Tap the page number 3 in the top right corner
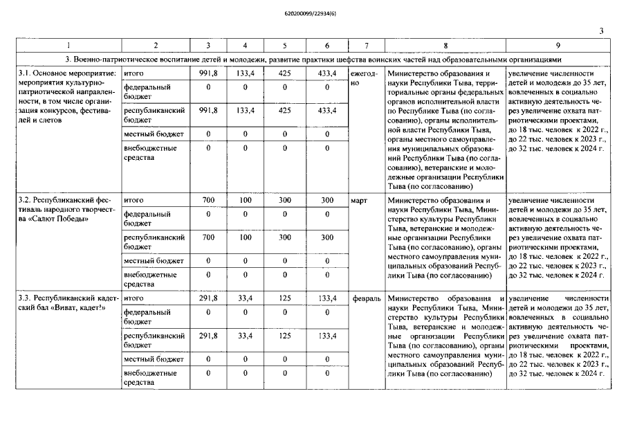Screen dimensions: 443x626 tap(601, 30)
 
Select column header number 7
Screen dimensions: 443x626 tap(366, 46)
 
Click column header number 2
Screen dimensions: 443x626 tap(155, 46)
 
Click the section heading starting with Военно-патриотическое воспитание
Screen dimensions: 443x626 tap(313, 60)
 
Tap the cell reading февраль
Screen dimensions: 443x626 tap(366, 298)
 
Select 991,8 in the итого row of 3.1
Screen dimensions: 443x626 tap(208, 73)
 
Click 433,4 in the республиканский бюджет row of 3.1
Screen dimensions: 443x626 tap(326, 110)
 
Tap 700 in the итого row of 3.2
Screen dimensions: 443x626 tap(208, 200)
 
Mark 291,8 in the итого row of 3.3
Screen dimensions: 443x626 tap(208, 298)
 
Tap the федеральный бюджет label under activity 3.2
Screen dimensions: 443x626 tap(147, 219)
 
